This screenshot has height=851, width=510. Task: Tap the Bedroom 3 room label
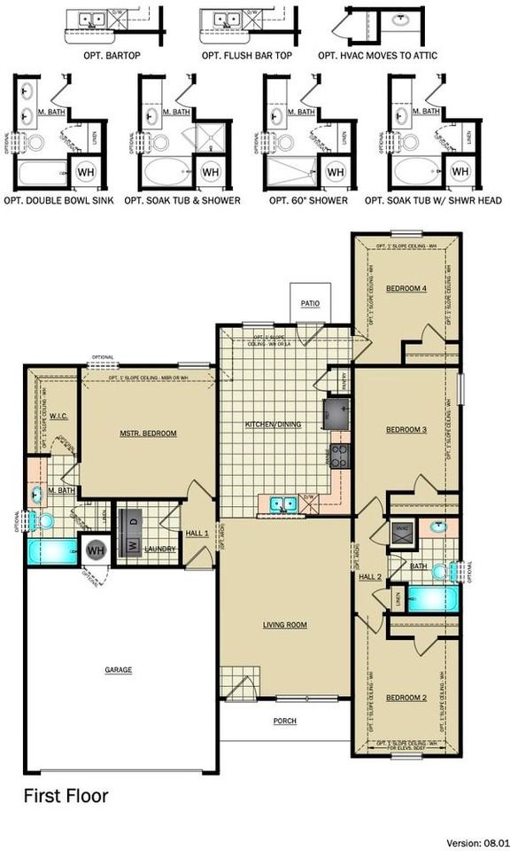click(406, 430)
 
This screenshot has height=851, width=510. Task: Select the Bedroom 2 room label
click(406, 697)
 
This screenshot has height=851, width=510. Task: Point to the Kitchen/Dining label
click(273, 425)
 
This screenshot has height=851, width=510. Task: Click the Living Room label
click(285, 625)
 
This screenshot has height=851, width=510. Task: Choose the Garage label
click(118, 669)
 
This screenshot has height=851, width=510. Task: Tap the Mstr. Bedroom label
click(148, 433)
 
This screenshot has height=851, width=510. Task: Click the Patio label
click(309, 303)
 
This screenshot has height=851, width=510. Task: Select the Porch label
click(284, 721)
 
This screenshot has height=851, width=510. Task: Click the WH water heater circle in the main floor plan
click(96, 550)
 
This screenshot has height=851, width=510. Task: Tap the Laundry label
click(161, 550)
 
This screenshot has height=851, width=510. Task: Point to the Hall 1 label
click(197, 534)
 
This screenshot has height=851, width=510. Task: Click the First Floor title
click(66, 796)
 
